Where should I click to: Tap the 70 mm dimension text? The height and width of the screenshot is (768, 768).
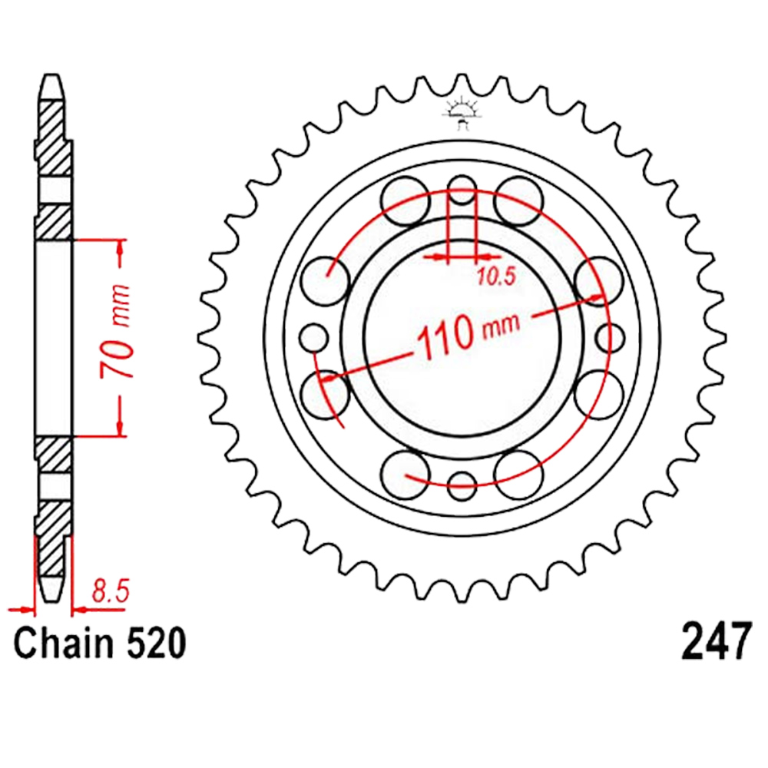[116, 332]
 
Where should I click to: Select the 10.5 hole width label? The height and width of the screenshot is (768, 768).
[496, 277]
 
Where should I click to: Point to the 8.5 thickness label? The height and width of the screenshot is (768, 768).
[110, 591]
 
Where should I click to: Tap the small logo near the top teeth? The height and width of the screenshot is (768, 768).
[461, 114]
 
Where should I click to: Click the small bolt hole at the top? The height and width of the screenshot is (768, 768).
[462, 190]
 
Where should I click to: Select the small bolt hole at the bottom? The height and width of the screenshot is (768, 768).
[462, 486]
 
